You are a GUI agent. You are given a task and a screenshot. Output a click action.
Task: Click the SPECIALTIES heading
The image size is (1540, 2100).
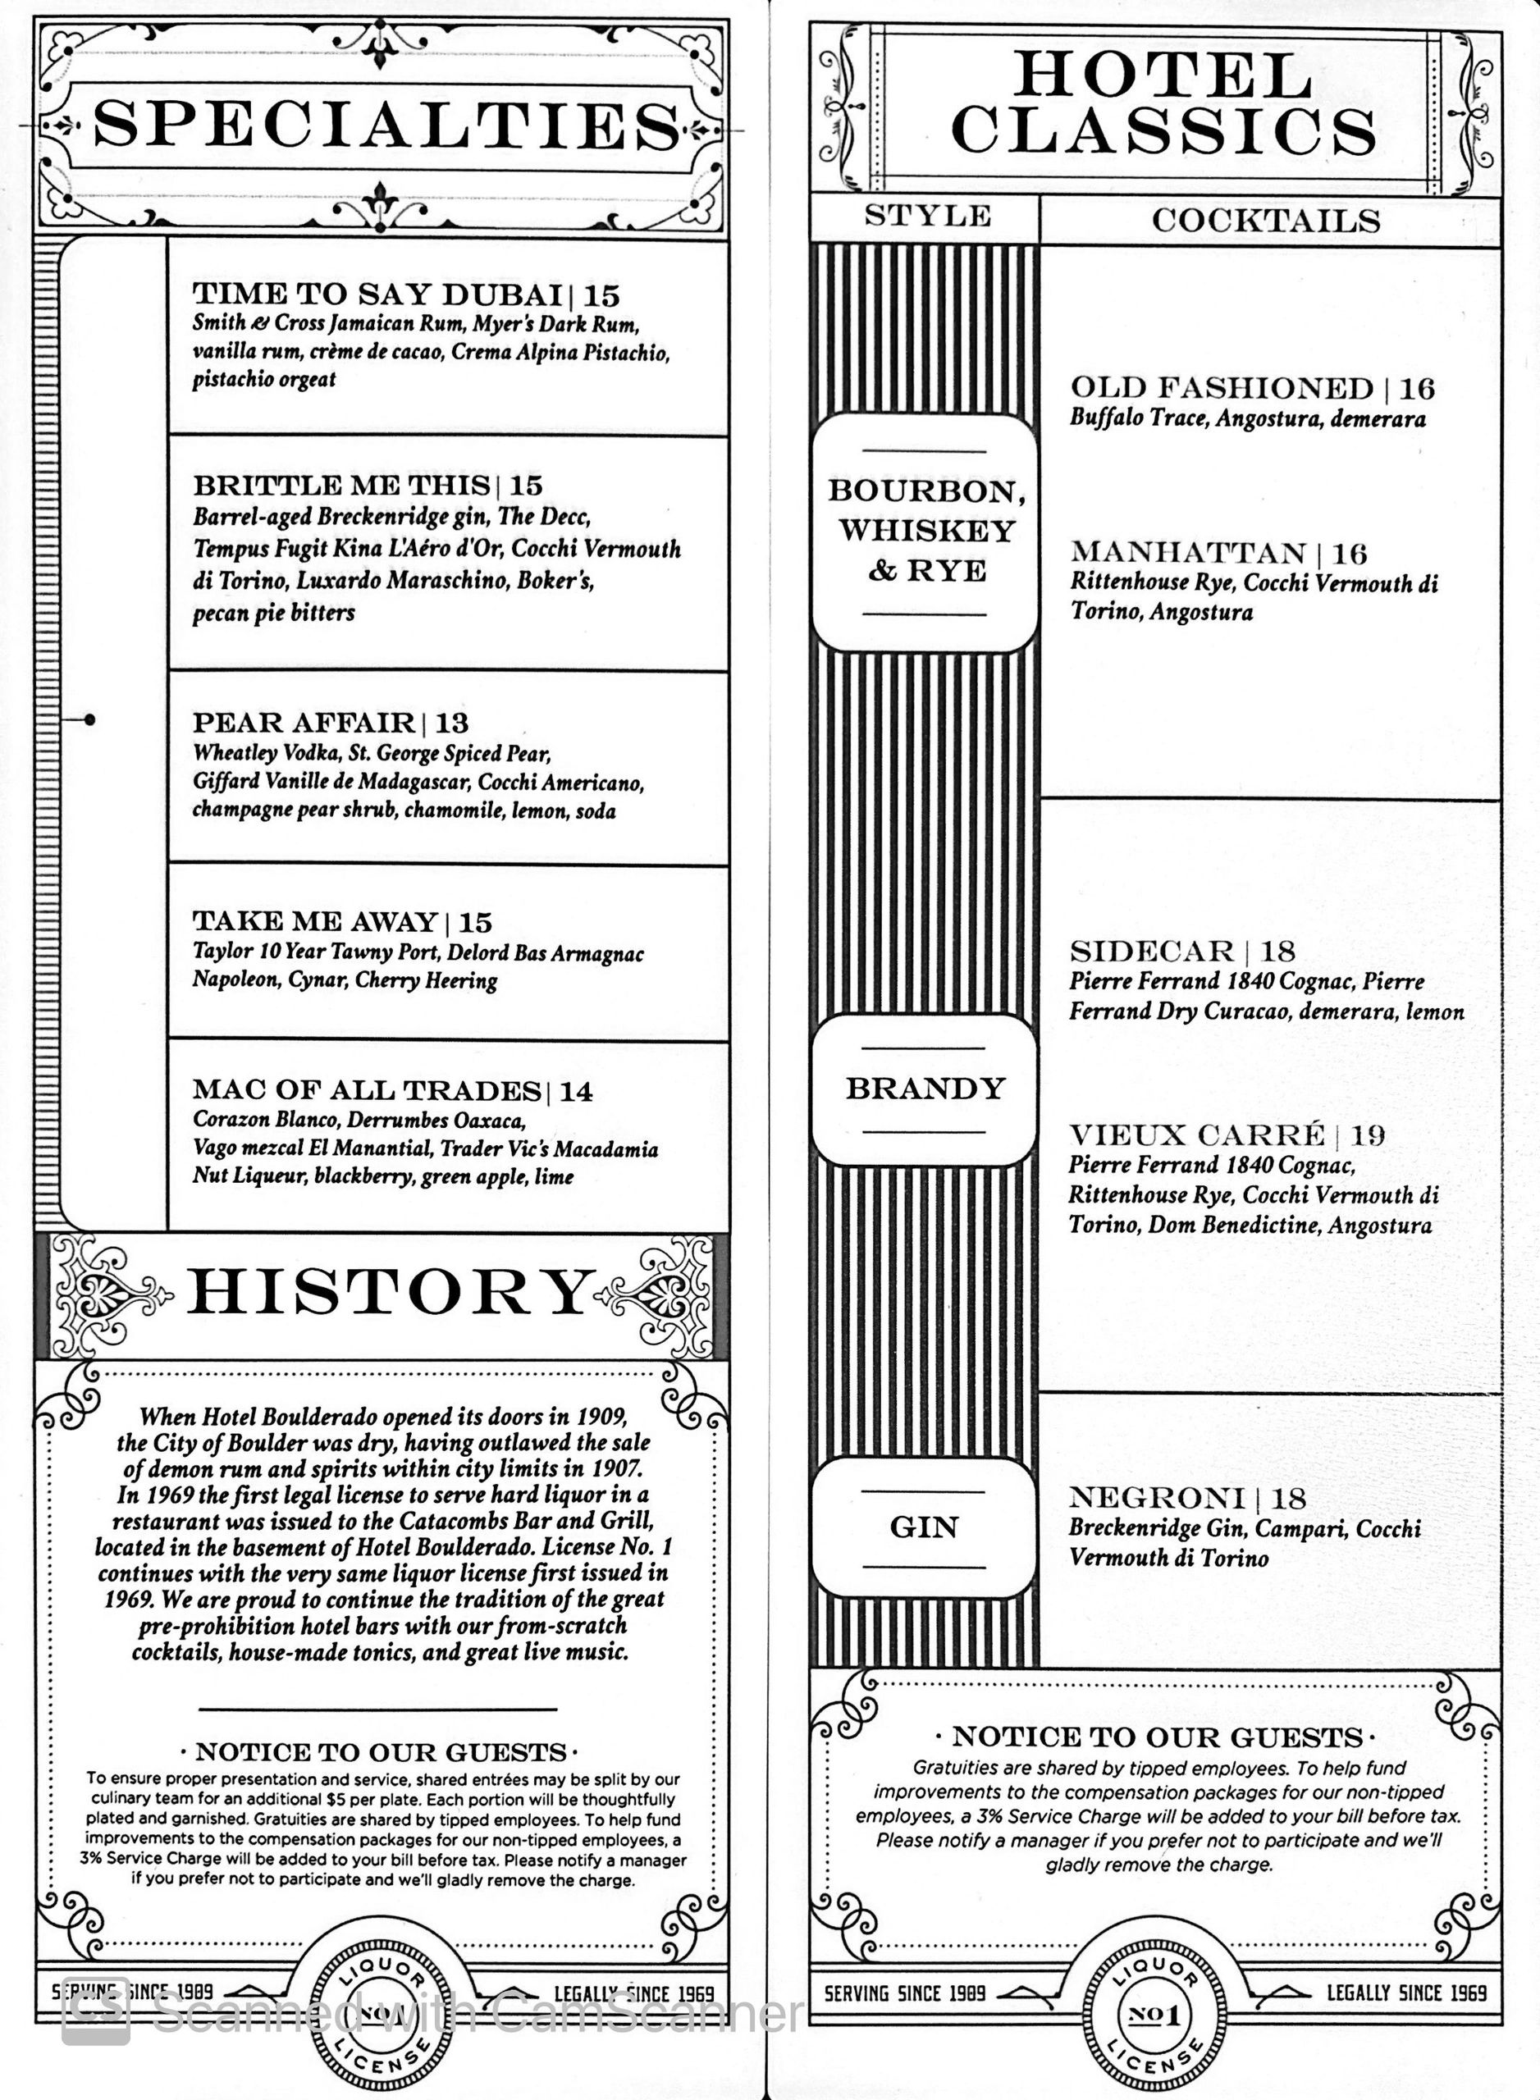(386, 125)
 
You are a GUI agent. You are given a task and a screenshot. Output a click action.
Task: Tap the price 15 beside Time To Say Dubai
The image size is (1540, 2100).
(602, 295)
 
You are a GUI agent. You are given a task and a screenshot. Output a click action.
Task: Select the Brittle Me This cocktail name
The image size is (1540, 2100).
(341, 486)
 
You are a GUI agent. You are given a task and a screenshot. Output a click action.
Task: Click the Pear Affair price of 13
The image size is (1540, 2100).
(452, 724)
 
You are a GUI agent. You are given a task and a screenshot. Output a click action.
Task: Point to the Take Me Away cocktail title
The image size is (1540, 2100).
(315, 922)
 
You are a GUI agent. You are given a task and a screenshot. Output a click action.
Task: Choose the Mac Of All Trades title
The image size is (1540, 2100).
(367, 1090)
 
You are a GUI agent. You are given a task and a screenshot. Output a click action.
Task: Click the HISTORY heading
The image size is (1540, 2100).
(389, 1293)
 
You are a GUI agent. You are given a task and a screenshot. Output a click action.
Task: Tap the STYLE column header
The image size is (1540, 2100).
(926, 217)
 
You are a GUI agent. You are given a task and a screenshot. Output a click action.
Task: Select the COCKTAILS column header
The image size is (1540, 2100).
(1265, 221)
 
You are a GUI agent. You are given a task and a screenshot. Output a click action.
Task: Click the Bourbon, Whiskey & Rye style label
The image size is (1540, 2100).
(925, 531)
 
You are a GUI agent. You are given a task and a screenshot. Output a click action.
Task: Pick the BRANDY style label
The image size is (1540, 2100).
(925, 1089)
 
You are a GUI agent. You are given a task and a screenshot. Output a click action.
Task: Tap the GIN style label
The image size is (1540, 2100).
(924, 1527)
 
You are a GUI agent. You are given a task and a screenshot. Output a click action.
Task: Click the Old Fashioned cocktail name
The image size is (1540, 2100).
(1221, 388)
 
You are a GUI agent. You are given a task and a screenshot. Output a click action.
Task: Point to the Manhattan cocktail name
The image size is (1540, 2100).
(1188, 553)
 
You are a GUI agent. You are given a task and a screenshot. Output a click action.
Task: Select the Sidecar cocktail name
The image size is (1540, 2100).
(1151, 952)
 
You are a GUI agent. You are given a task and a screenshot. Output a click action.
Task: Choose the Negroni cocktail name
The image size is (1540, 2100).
(1156, 1498)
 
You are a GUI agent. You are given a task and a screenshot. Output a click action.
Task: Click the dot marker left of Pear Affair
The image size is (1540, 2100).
(89, 719)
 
